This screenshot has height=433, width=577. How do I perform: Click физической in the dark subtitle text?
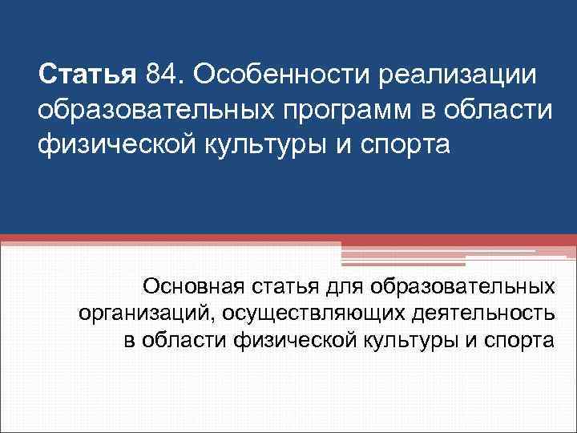click(x=283, y=340)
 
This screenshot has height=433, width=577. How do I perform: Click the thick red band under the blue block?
click(x=288, y=240)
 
